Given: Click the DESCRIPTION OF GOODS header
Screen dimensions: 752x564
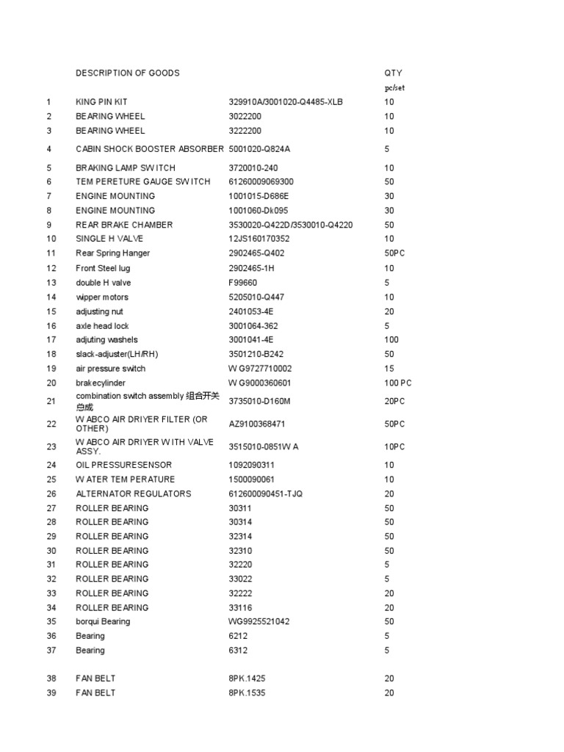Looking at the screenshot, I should [127, 73].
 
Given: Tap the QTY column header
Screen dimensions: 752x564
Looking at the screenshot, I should [393, 73].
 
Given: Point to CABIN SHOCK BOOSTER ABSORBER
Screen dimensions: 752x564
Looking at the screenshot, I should [149, 149].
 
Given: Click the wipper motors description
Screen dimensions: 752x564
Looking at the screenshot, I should [102, 297].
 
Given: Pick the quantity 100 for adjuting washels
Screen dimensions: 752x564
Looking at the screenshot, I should [391, 340].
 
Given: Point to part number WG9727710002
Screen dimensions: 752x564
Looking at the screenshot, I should [260, 369].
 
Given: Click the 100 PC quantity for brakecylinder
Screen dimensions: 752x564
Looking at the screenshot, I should [397, 383].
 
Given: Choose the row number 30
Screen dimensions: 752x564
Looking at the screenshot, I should [51, 551].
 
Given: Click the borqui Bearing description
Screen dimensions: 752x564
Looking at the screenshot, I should [103, 622].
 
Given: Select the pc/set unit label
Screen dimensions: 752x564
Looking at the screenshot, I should [394, 87].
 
